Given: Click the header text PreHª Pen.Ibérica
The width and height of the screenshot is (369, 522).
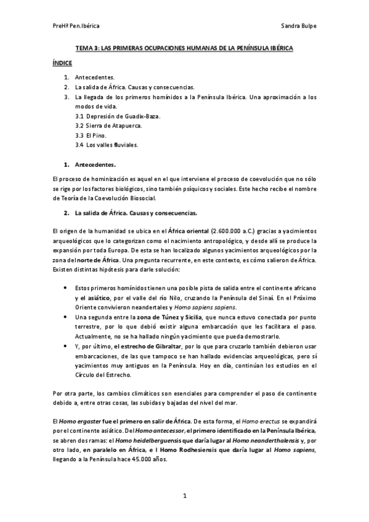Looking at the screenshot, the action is [77, 26].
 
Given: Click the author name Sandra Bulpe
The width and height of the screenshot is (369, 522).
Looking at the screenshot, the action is [298, 26].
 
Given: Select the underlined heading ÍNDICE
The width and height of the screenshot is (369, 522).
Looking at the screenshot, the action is [62, 63].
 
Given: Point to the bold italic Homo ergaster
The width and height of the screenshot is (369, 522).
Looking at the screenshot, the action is [81, 420].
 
